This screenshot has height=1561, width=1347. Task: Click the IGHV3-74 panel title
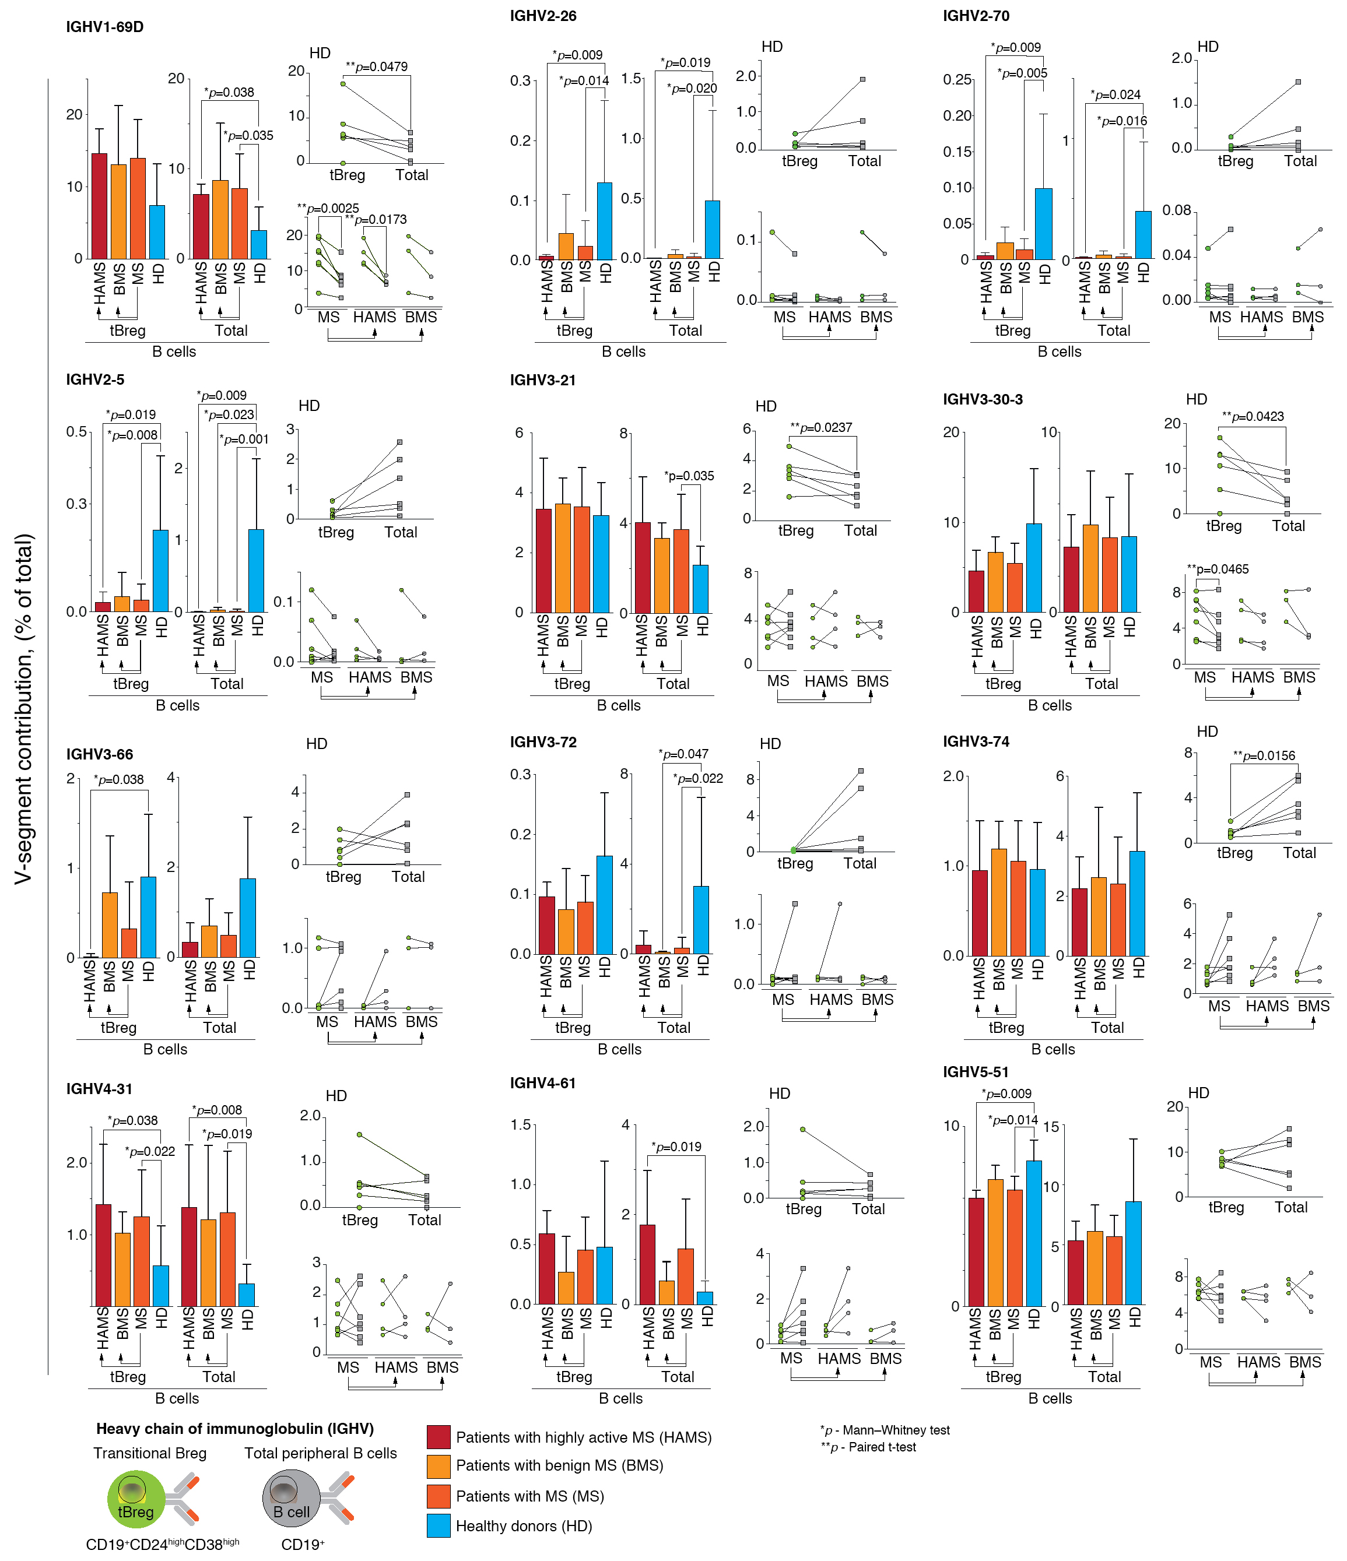coord(976,741)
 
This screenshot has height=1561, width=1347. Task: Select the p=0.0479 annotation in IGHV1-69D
coord(376,67)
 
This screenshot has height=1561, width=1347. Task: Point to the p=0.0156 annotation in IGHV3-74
coord(1264,755)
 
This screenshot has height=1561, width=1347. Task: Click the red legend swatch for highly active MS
coord(438,1437)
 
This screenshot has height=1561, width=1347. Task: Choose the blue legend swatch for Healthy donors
coord(438,1525)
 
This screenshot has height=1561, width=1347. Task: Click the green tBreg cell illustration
coord(136,1499)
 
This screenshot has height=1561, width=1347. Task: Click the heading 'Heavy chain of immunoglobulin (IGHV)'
coord(234,1429)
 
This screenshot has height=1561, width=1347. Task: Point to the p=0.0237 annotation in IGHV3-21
coord(821,428)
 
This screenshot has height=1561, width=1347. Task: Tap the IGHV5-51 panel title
coord(976,1072)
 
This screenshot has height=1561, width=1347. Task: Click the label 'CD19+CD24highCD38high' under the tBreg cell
coord(162,1545)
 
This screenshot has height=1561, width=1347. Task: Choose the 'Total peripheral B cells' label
coord(320,1453)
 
